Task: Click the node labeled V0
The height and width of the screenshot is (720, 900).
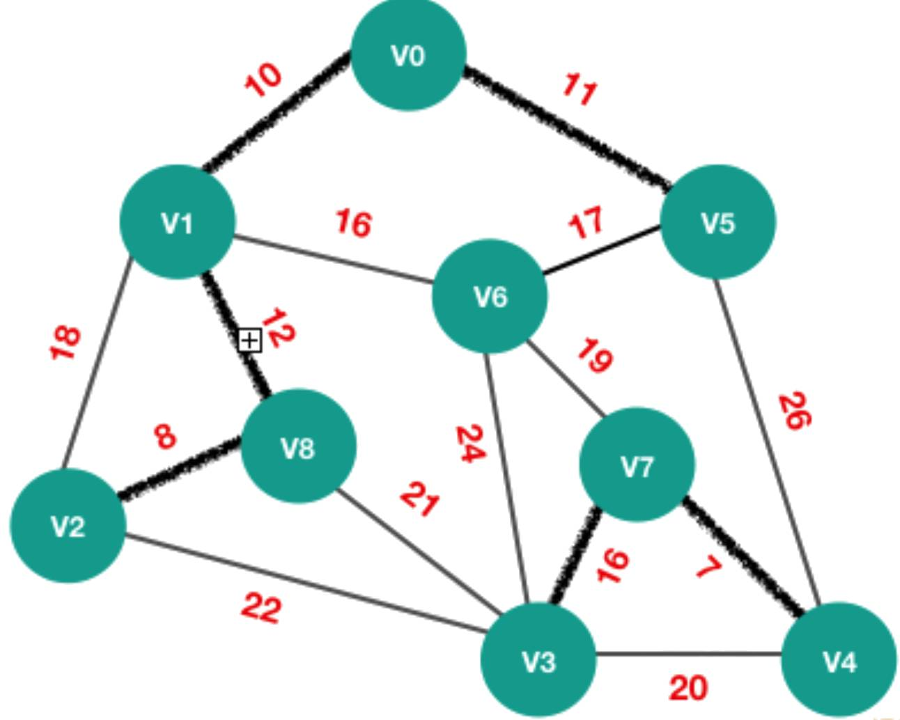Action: click(x=409, y=54)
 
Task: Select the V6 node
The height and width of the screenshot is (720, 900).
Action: click(x=490, y=296)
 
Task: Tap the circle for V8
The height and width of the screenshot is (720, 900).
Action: click(x=299, y=446)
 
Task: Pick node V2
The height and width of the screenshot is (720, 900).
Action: click(x=68, y=526)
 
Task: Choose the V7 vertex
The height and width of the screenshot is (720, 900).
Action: click(x=637, y=464)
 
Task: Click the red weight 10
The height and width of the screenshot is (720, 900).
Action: click(x=263, y=80)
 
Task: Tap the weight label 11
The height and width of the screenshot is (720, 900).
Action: click(x=580, y=89)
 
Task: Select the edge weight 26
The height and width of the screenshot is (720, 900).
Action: click(x=795, y=411)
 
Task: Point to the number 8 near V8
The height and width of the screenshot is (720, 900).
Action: click(x=166, y=437)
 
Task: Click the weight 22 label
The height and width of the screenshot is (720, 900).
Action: click(x=262, y=607)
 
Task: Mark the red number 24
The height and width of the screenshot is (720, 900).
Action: click(x=471, y=444)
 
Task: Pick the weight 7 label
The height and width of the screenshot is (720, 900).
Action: click(x=708, y=569)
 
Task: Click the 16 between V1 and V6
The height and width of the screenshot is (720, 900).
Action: click(x=354, y=224)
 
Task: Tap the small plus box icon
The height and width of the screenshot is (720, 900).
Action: click(x=249, y=341)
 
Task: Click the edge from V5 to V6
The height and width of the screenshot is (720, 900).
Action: click(x=601, y=250)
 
